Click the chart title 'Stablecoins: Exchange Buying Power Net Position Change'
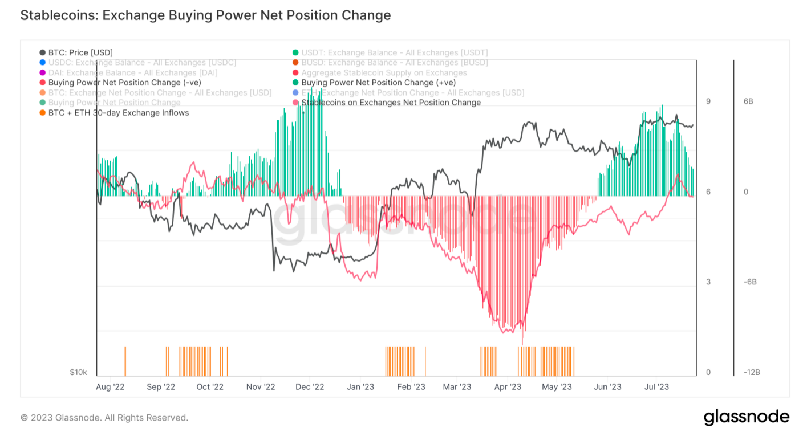pyautogui.click(x=205, y=15)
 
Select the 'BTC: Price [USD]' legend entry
pyautogui.click(x=80, y=52)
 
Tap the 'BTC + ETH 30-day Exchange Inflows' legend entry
pyautogui.click(x=119, y=113)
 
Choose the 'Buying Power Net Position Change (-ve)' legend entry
pyautogui.click(x=124, y=83)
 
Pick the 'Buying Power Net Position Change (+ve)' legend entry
pyautogui.click(x=378, y=83)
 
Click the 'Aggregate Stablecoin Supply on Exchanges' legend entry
pyautogui.click(x=384, y=72)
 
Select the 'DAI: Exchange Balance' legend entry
pyautogui.click(x=132, y=72)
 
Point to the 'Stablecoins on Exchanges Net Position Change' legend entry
pyautogui.click(x=391, y=103)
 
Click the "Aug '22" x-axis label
pyautogui.click(x=111, y=387)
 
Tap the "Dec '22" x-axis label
pyautogui.click(x=310, y=387)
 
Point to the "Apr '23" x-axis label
pyautogui.click(x=508, y=387)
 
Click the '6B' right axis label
pyautogui.click(x=748, y=101)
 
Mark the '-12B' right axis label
pyautogui.click(x=752, y=373)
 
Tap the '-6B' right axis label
pyautogui.click(x=749, y=282)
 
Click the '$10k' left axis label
pyautogui.click(x=79, y=372)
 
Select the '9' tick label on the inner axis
pyautogui.click(x=708, y=101)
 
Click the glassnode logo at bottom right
pyautogui.click(x=747, y=417)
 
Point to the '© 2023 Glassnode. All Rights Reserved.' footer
pyautogui.click(x=104, y=418)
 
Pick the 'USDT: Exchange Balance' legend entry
pyautogui.click(x=394, y=52)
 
